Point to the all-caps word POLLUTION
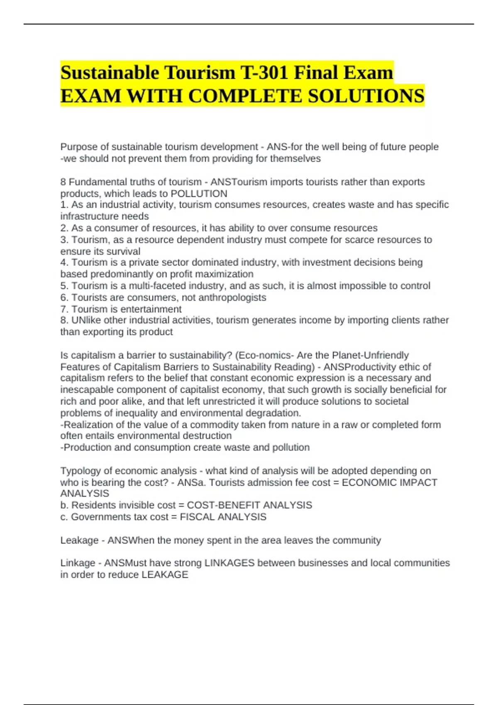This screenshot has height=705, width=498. (199, 194)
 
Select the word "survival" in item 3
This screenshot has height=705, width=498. (124, 251)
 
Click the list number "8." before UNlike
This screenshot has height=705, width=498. (64, 320)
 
